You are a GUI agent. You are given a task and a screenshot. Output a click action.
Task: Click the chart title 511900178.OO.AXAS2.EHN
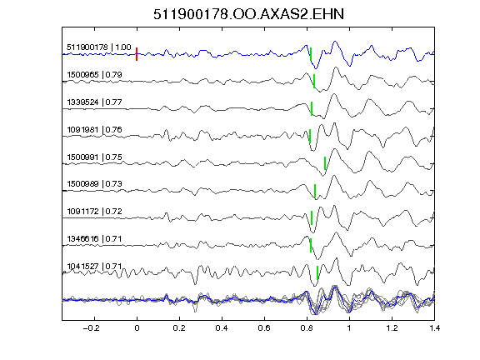pos(248,14)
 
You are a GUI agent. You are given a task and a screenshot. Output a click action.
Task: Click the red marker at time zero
pos(137,54)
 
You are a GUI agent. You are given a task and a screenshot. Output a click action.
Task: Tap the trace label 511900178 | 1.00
pos(99,47)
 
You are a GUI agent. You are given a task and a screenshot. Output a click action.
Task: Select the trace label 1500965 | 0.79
pos(95,75)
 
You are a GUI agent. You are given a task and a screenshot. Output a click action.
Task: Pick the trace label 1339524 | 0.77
pos(95,102)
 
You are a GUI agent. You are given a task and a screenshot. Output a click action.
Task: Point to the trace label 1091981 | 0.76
pos(95,129)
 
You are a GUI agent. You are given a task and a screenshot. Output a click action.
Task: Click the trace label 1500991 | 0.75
pos(95,157)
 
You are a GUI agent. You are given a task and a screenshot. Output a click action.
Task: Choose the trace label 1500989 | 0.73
pos(95,183)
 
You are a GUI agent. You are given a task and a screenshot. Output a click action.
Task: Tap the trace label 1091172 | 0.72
pos(95,211)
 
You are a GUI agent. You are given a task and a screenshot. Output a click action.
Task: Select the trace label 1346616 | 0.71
pos(95,238)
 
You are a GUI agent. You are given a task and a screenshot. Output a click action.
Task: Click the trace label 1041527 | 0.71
pos(95,267)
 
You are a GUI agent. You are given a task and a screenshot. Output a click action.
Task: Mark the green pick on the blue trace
pos(311,54)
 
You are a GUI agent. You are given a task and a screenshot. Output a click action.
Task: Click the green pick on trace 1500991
pos(325,163)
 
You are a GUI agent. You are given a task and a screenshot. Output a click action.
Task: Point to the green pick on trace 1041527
pos(317,272)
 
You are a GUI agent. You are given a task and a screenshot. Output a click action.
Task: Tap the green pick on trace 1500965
pos(314,81)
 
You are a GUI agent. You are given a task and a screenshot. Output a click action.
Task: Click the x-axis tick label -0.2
pos(91,328)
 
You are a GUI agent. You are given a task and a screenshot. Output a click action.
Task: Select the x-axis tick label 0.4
pos(222,328)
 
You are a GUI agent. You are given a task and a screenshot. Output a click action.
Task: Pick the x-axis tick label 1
pos(349,328)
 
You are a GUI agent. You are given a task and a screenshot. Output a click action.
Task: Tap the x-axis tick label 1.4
pos(434,328)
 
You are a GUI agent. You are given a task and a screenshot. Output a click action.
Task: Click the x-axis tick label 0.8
pos(307,328)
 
